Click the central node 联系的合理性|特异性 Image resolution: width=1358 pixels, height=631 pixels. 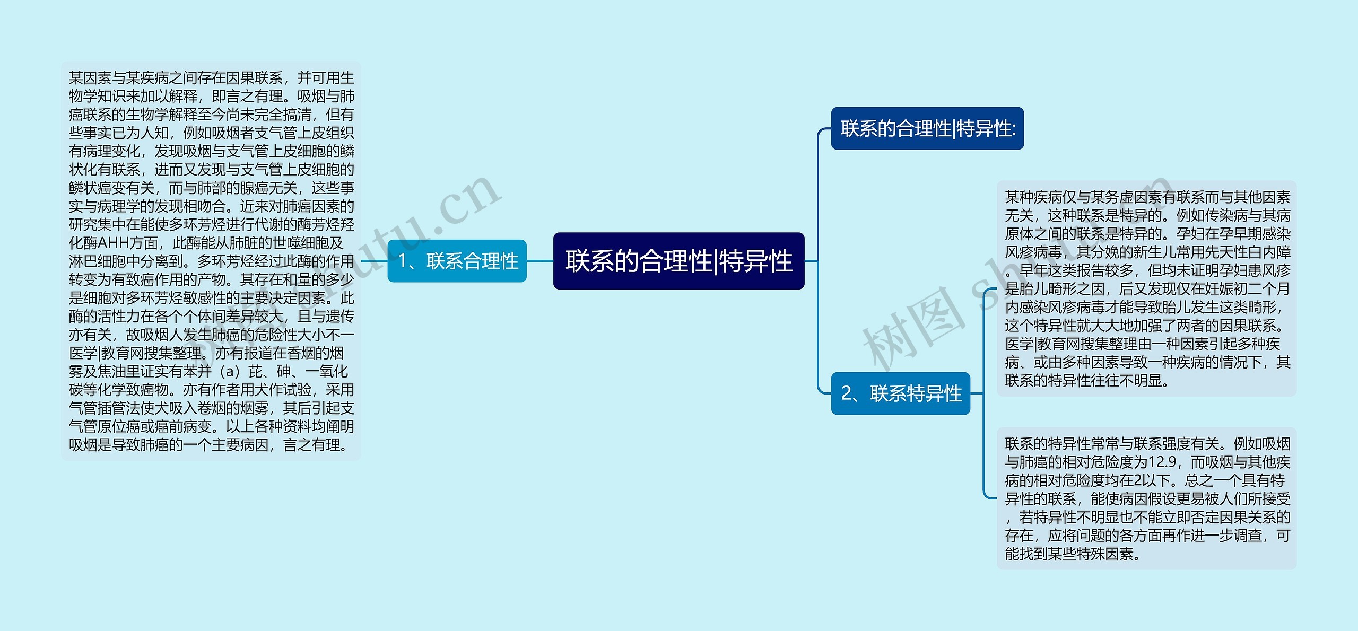[x=678, y=261]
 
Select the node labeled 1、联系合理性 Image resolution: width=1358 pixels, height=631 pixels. [x=457, y=261]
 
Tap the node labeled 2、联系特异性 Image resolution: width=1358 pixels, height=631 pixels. [x=901, y=393]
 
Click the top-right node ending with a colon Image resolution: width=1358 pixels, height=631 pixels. [x=927, y=128]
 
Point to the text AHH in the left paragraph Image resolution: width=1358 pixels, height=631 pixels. [x=114, y=243]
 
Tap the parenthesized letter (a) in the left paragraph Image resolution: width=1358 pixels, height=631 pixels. [x=230, y=371]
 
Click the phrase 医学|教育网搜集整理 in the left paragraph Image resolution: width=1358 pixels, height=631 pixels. [x=135, y=353]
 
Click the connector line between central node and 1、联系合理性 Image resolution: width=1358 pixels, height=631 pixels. [x=540, y=261]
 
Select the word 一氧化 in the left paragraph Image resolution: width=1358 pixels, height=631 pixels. [x=326, y=371]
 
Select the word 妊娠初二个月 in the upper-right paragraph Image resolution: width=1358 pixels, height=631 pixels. [x=1247, y=289]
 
